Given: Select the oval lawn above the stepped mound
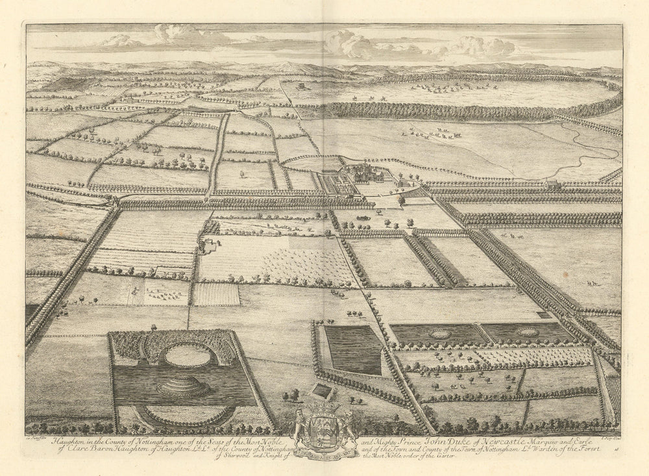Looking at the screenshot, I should point(187,355).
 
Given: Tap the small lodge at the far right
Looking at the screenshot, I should point(553,185).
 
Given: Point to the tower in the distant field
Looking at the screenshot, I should point(300,85).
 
